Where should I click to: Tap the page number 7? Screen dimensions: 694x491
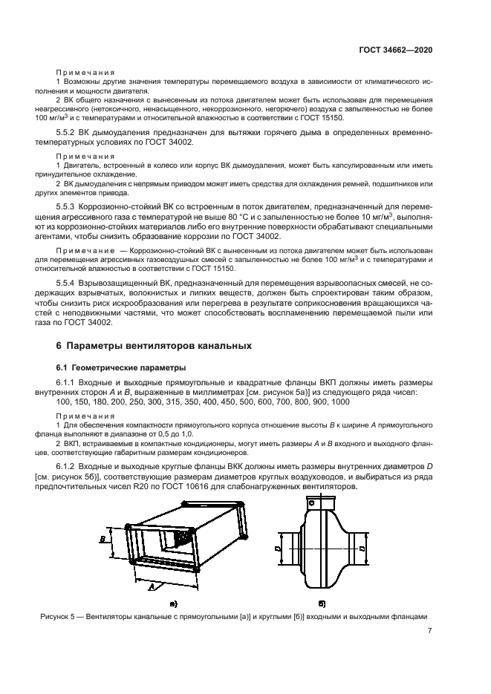click(430, 632)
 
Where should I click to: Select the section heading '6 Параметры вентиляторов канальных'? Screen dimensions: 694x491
click(155, 345)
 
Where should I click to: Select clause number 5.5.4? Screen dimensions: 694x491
click(68, 284)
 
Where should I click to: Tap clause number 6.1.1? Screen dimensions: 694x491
click(68, 382)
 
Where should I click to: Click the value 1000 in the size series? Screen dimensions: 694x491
click(340, 402)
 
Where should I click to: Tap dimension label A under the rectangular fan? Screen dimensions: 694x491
click(152, 586)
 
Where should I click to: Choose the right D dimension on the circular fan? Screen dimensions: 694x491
click(360, 549)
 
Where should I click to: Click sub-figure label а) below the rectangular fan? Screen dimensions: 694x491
click(173, 605)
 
